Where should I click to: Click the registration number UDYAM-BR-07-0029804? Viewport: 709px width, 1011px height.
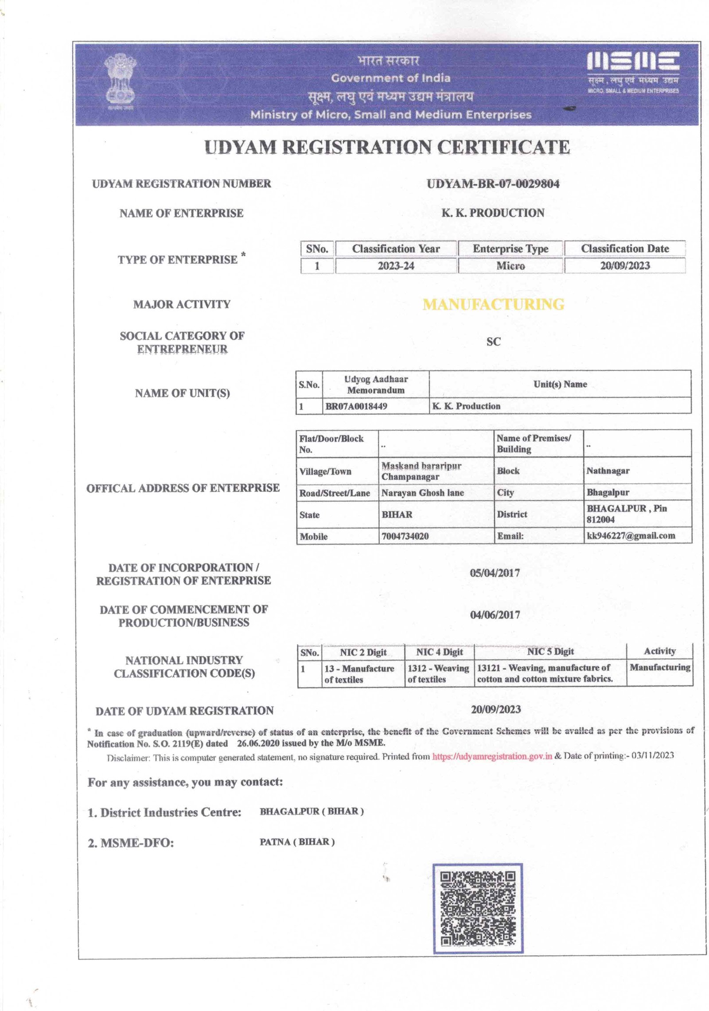pyautogui.click(x=493, y=184)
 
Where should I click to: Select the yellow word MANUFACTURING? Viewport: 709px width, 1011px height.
pyautogui.click(x=493, y=304)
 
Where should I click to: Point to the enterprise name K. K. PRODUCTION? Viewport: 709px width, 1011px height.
pyautogui.click(x=493, y=213)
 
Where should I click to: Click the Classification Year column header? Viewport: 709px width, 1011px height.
pyautogui.click(x=396, y=249)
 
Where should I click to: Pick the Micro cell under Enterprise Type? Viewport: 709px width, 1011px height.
pyautogui.click(x=510, y=266)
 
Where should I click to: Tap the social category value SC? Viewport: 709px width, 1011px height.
pyautogui.click(x=493, y=342)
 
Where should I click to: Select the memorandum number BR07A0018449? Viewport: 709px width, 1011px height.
pyautogui.click(x=356, y=406)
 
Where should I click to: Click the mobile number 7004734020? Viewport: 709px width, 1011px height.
pyautogui.click(x=405, y=536)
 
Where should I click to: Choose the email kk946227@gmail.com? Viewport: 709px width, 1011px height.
pyautogui.click(x=631, y=536)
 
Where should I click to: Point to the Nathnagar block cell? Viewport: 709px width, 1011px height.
pyautogui.click(x=608, y=471)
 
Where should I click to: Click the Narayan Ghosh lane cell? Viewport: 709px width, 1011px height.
pyautogui.click(x=422, y=493)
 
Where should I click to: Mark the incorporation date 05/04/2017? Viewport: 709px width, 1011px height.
pyautogui.click(x=495, y=573)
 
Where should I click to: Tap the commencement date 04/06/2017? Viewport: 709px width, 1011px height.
pyautogui.click(x=495, y=615)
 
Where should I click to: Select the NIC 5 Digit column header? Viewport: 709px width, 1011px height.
pyautogui.click(x=550, y=652)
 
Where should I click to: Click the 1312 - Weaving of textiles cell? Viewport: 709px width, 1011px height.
pyautogui.click(x=438, y=673)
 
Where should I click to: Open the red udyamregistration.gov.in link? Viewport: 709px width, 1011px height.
pyautogui.click(x=492, y=756)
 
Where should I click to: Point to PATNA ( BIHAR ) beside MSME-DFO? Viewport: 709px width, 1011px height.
pyautogui.click(x=297, y=842)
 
